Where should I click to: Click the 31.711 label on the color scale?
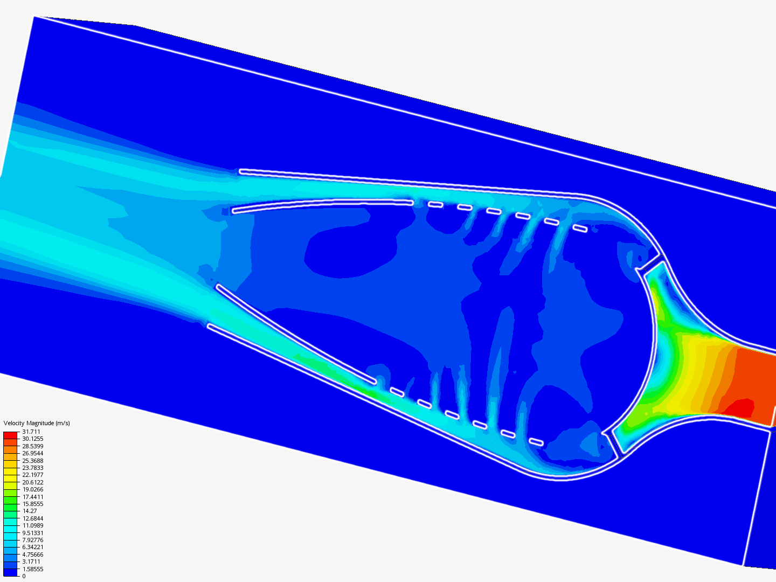(31, 432)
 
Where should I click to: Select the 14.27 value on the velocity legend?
(29, 511)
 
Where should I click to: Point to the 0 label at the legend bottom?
(24, 576)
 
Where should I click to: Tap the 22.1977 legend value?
(32, 475)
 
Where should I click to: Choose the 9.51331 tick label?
(32, 533)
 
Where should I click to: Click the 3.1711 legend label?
(31, 562)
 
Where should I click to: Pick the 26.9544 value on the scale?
(32, 453)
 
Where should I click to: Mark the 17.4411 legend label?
(32, 497)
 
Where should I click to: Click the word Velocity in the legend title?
(13, 423)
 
